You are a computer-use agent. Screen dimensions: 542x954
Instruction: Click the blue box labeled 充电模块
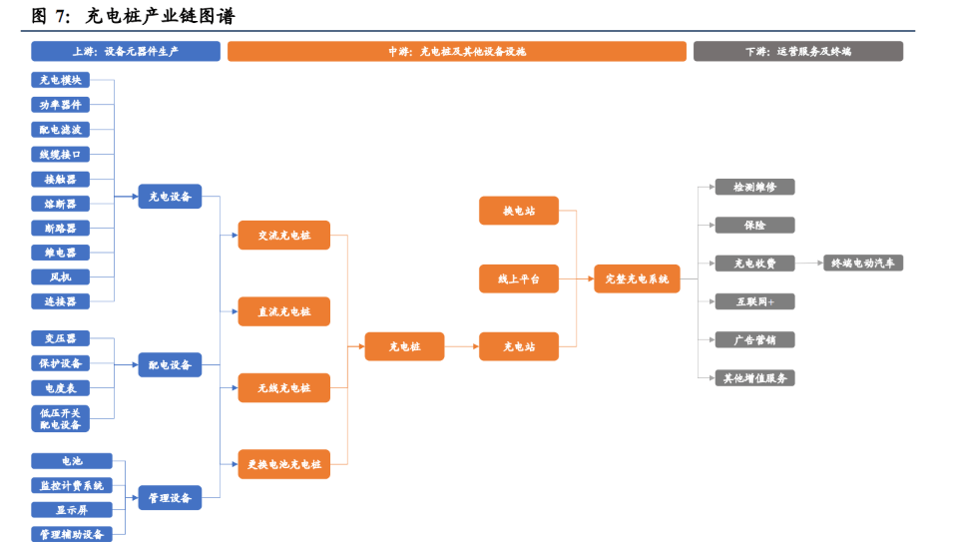60,80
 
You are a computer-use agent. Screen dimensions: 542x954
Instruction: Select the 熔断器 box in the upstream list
60,204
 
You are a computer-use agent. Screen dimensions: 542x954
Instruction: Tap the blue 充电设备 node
170,197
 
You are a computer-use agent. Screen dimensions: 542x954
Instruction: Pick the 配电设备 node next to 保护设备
170,365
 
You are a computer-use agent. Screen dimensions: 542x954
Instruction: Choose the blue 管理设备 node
170,497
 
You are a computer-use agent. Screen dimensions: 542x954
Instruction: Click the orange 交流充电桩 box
283,236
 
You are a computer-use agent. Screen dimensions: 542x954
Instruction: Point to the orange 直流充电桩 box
283,311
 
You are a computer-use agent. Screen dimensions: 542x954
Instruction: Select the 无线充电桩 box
283,387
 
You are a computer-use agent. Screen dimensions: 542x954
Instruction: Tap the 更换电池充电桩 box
283,464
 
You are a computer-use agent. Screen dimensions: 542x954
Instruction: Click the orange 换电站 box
518,211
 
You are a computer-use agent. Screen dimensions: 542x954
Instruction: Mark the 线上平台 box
518,279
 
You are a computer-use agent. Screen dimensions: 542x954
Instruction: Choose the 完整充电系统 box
636,279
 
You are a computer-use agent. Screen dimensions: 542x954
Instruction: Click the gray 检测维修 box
754,187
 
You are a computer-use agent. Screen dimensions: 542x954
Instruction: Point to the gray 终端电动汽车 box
862,264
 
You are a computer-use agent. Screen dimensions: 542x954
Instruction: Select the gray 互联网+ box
754,301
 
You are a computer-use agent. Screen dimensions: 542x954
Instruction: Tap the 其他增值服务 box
754,378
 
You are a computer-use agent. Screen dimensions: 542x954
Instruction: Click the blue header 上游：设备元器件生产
125,51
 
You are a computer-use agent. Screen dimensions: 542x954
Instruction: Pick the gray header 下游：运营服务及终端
797,51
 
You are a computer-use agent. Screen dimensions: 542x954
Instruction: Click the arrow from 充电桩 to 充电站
461,346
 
